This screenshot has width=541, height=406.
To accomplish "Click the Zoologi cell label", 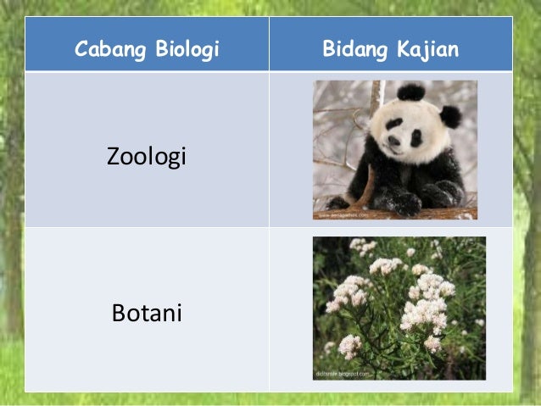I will [x=146, y=157].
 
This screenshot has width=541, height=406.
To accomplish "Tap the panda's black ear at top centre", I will [x=411, y=92].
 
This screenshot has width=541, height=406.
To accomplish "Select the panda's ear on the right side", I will [x=450, y=116].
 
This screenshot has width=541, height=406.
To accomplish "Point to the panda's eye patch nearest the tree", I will [x=393, y=125].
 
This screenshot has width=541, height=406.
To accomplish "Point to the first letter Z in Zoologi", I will [x=113, y=157].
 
